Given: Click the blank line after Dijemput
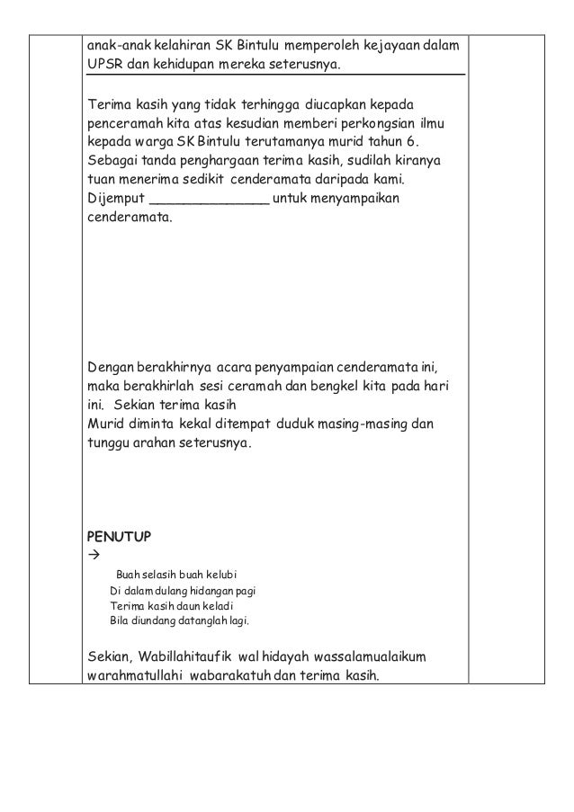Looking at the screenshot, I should pos(209,200).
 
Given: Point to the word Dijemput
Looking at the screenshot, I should pos(114,199).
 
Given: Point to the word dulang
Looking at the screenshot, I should pos(164,590).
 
